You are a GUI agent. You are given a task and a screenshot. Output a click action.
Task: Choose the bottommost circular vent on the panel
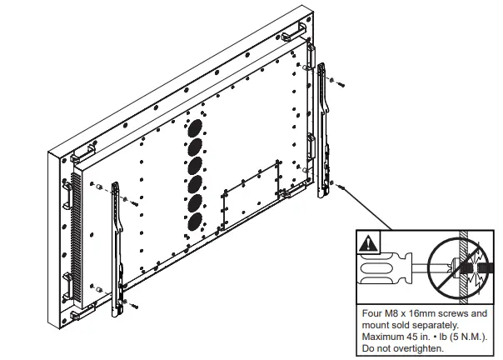click(x=194, y=222)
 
